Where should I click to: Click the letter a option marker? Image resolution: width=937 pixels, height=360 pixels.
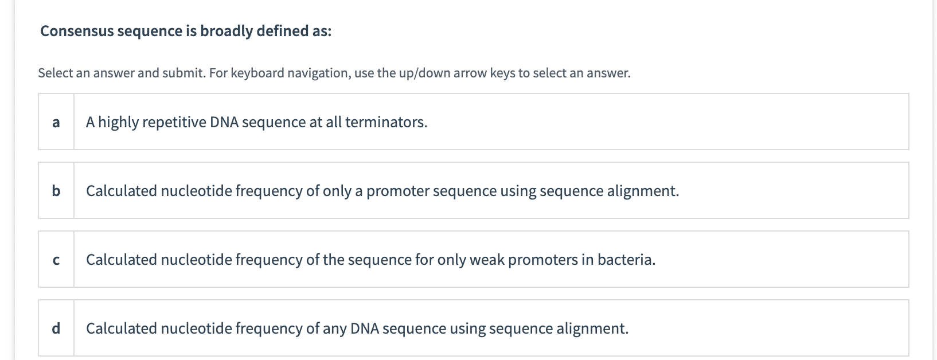point(56,122)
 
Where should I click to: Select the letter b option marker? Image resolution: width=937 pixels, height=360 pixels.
point(56,191)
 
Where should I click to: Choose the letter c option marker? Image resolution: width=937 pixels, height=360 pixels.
point(56,260)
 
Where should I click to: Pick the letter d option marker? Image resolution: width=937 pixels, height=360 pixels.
point(56,328)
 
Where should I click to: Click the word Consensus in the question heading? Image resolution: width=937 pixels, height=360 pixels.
point(77,31)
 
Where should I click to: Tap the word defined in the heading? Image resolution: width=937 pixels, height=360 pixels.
point(283,31)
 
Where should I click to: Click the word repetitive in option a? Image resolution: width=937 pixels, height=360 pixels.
point(174,122)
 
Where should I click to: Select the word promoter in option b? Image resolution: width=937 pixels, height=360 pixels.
point(397,191)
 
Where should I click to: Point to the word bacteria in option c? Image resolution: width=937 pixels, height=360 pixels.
point(626,260)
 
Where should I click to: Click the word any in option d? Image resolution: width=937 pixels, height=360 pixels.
point(334,328)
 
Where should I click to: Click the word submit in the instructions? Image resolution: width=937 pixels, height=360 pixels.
point(183,73)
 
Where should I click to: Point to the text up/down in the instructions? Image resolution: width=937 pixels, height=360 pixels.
point(424,73)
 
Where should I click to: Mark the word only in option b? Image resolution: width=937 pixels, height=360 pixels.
point(337,191)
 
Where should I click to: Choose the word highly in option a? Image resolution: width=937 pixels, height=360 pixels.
point(119,122)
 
